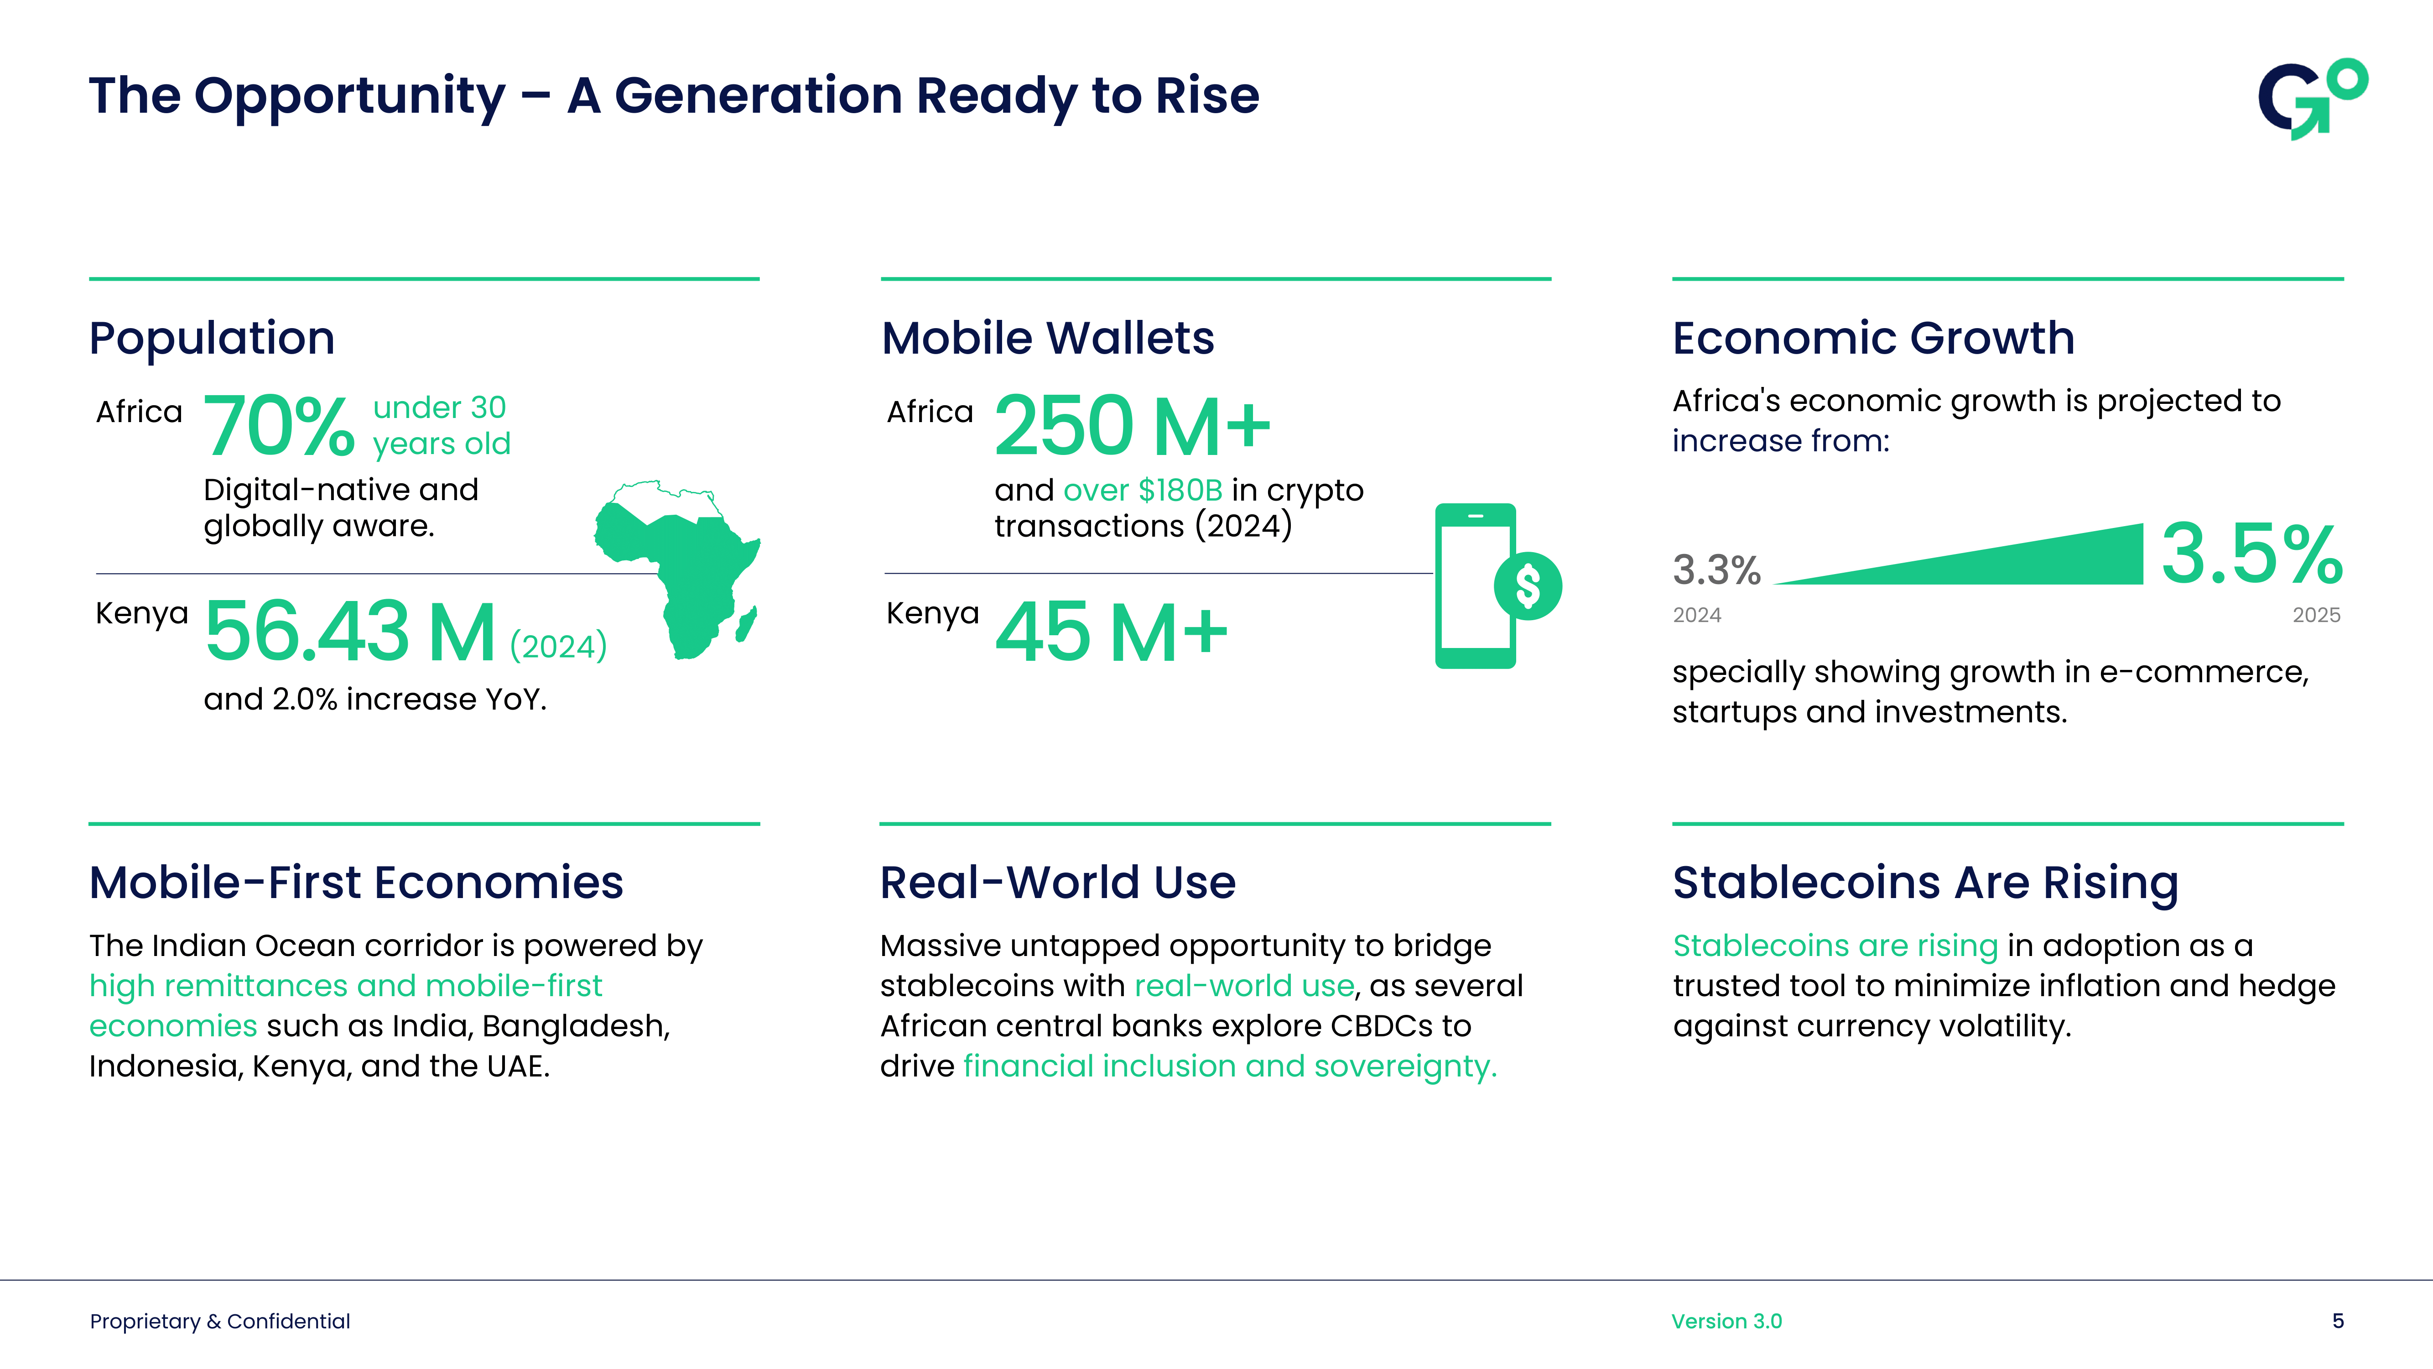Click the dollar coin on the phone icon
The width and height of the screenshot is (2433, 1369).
pos(1527,586)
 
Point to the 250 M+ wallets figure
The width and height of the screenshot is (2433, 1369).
pos(1132,427)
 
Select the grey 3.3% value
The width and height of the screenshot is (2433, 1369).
pos(1716,570)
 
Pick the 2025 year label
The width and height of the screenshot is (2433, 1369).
pos(2316,615)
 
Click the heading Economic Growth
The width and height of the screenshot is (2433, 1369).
pos(1873,338)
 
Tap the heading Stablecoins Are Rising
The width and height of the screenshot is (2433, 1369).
pos(1925,883)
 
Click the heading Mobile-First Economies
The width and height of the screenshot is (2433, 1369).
pos(356,883)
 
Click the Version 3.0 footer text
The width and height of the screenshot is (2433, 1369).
pos(1726,1321)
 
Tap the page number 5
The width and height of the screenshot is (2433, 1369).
pos(2338,1321)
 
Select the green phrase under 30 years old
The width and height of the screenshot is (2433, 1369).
pos(441,425)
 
